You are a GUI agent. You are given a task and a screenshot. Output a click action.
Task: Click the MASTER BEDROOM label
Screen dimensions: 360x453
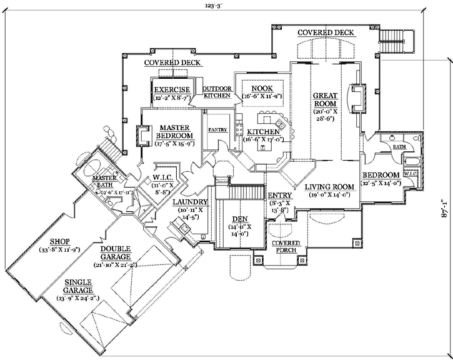pyautogui.click(x=174, y=131)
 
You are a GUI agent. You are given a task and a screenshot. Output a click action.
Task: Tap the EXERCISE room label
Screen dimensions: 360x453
pyautogui.click(x=172, y=89)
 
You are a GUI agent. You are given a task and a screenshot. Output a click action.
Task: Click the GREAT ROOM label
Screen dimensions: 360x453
pyautogui.click(x=325, y=99)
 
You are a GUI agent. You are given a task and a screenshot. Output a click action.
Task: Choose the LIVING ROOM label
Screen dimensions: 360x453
pyautogui.click(x=329, y=187)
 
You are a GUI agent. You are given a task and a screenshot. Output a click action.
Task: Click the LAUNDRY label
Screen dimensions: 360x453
pyautogui.click(x=191, y=202)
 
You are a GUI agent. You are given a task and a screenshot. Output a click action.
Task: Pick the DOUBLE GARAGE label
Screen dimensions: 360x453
pyautogui.click(x=116, y=252)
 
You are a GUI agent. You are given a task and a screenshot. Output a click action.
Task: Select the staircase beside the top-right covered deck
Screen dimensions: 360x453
pyautogui.click(x=396, y=42)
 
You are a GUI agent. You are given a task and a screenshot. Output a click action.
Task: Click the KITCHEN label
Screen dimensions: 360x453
pyautogui.click(x=262, y=132)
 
